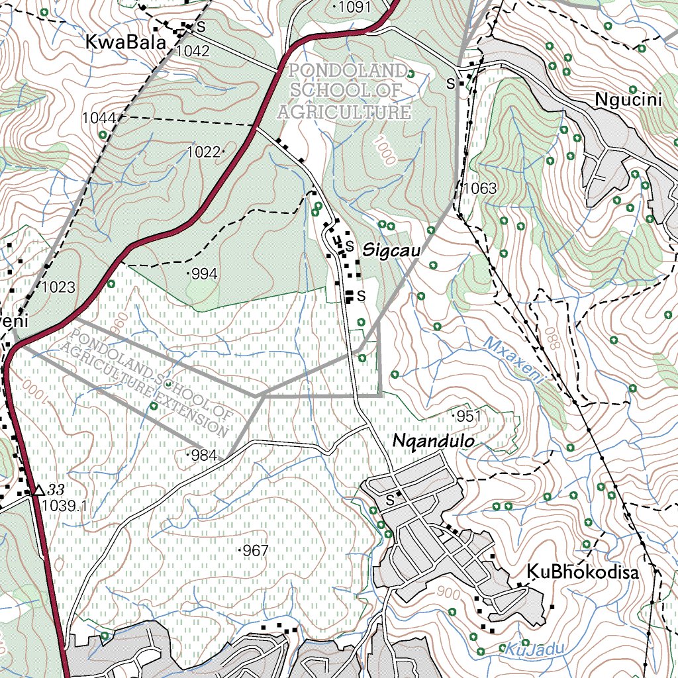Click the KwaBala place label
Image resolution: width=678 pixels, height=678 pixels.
(125, 42)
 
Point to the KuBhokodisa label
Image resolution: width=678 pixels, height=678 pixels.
(583, 572)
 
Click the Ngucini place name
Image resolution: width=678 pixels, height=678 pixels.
(628, 100)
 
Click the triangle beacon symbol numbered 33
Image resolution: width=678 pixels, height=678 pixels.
(38, 490)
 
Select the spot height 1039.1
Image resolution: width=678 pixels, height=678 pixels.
(64, 507)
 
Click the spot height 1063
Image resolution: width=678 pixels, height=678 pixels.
(479, 189)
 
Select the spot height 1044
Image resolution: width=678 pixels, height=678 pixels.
(99, 118)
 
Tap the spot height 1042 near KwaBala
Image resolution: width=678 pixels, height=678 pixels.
(193, 51)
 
